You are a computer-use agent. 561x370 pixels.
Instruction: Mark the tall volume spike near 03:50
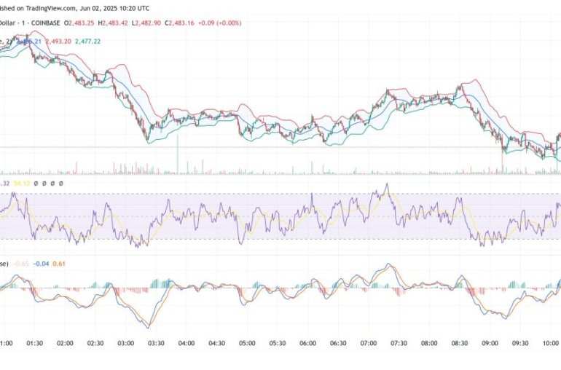tap(177, 157)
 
